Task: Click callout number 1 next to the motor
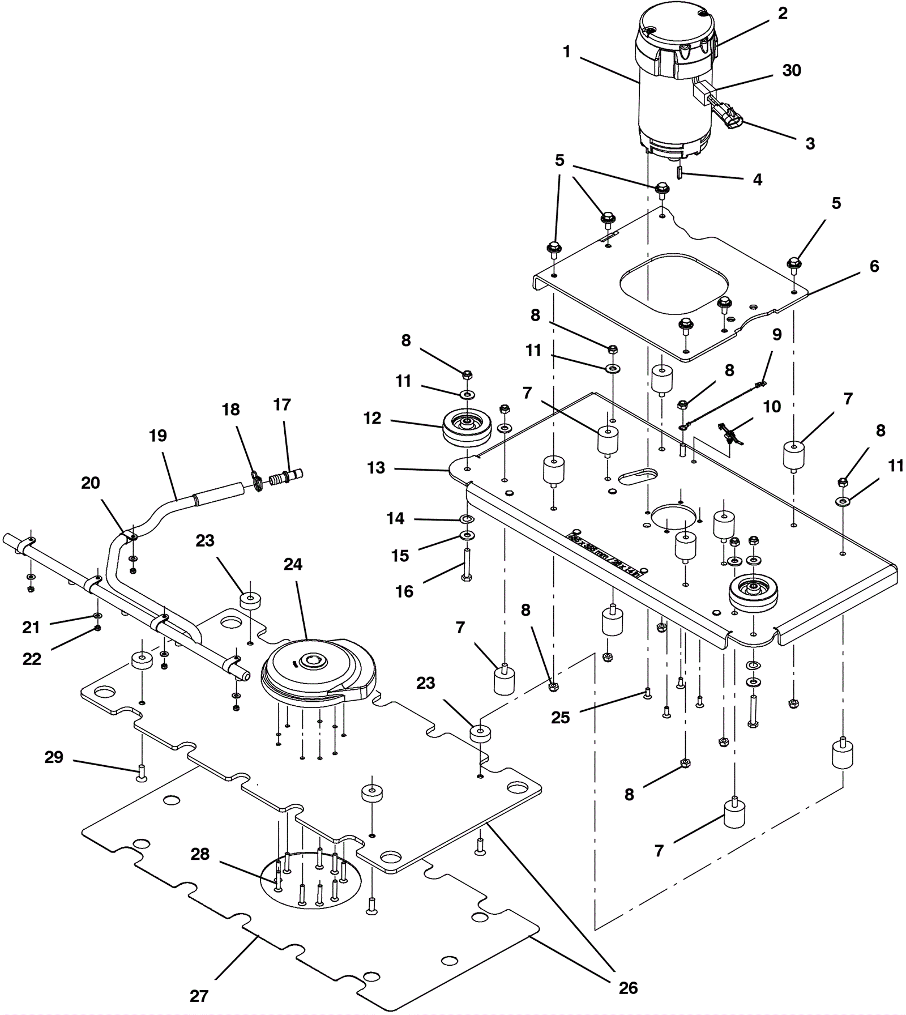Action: [x=567, y=52]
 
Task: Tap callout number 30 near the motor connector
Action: [x=792, y=71]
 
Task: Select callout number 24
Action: [x=293, y=564]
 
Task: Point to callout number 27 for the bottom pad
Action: [x=199, y=996]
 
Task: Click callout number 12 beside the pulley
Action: [x=372, y=418]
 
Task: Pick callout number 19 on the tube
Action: [x=158, y=436]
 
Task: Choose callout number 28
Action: [x=200, y=854]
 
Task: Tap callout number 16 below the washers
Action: [x=404, y=592]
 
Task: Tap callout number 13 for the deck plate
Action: [x=376, y=468]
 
